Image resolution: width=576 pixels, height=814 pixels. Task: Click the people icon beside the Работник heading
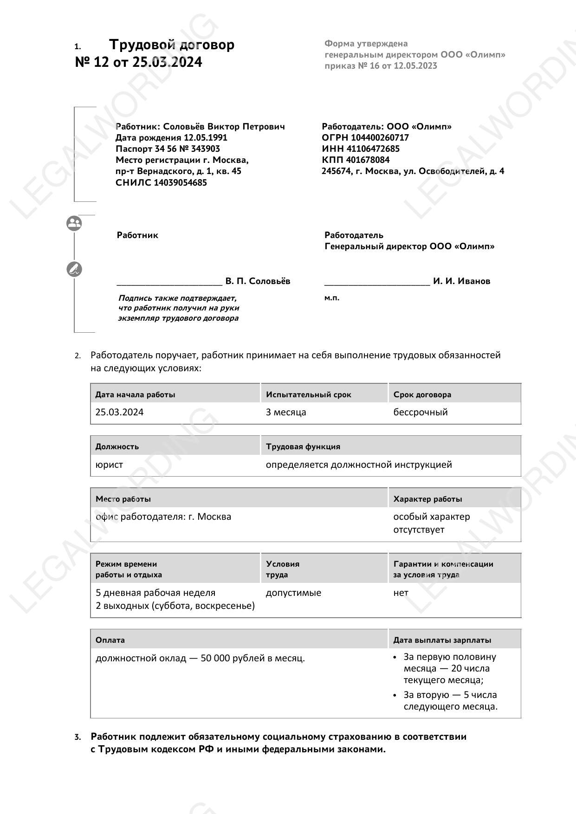[x=74, y=223]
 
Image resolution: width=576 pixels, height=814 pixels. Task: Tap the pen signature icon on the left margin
[x=74, y=269]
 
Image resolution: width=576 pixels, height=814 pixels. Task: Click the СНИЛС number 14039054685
[x=180, y=182]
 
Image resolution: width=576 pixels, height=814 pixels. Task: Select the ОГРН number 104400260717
[x=380, y=137]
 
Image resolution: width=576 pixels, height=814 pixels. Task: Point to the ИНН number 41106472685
[x=373, y=149]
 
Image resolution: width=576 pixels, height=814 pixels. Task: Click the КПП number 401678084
[x=368, y=160]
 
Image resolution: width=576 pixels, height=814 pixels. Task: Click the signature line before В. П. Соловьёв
[x=169, y=283]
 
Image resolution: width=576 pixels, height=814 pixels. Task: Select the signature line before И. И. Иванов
[x=377, y=283]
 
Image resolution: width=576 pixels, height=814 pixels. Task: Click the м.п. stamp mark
[x=332, y=298]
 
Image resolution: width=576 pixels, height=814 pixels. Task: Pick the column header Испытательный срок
[x=309, y=394]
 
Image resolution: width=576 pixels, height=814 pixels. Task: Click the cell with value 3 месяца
[x=286, y=412]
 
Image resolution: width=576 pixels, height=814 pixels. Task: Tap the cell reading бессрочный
[x=421, y=412]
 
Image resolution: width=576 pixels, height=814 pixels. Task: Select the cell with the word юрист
[x=109, y=465]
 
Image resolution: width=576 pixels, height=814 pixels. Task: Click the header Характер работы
[x=427, y=499]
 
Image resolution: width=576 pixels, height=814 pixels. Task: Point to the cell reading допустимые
[x=293, y=593]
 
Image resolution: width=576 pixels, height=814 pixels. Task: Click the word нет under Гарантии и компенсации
[x=401, y=593]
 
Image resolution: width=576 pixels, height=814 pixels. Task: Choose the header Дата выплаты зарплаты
[x=442, y=640]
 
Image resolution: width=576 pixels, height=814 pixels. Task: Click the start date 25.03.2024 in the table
[x=119, y=412]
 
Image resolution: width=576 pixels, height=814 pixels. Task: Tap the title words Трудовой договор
[x=172, y=45]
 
